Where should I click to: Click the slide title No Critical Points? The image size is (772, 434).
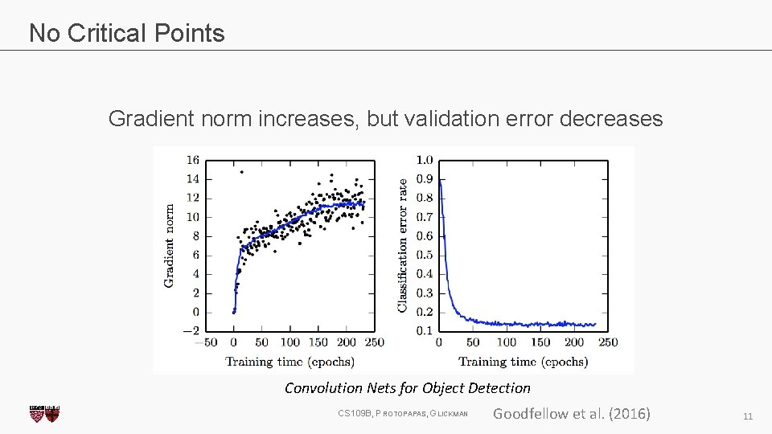pyautogui.click(x=126, y=34)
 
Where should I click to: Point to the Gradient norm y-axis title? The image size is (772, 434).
pyautogui.click(x=169, y=244)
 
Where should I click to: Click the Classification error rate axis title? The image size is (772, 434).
pyautogui.click(x=402, y=245)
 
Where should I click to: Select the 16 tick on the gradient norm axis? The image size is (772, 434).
pyautogui.click(x=193, y=160)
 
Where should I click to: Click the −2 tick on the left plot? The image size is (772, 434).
pyautogui.click(x=190, y=331)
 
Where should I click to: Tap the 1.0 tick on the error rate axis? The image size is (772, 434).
pyautogui.click(x=424, y=160)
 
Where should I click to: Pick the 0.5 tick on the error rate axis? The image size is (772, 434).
pyautogui.click(x=424, y=255)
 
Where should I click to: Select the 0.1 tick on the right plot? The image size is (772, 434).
pyautogui.click(x=424, y=331)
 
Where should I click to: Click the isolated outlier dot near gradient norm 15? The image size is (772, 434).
pyautogui.click(x=241, y=172)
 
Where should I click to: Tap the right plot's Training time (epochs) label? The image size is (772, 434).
pyautogui.click(x=523, y=362)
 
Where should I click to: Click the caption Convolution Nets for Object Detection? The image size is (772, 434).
pyautogui.click(x=408, y=388)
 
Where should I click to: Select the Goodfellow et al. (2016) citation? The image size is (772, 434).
pyautogui.click(x=571, y=415)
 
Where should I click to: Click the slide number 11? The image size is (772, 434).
pyautogui.click(x=748, y=416)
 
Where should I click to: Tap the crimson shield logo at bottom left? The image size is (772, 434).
pyautogui.click(x=45, y=414)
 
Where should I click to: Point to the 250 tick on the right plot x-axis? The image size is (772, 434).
pyautogui.click(x=608, y=342)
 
